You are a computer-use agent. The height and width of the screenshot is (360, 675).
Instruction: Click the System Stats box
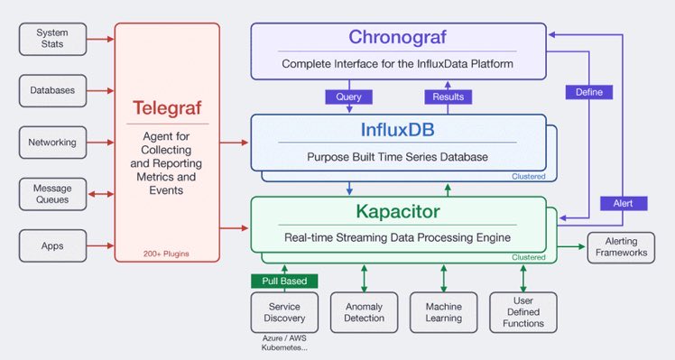52,39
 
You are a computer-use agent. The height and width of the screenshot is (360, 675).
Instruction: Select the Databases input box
52,91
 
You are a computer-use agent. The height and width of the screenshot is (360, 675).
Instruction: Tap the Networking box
52,143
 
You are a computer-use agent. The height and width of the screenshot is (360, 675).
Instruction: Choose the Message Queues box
52,194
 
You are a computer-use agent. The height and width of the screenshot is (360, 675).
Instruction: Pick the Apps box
52,246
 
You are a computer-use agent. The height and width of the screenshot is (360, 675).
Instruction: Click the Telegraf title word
167,107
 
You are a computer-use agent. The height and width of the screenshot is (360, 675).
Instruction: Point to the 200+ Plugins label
166,254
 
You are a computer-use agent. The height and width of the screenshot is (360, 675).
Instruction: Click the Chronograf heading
397,37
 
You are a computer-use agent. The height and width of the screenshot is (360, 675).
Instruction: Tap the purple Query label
348,97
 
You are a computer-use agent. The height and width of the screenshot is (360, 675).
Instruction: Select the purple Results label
448,97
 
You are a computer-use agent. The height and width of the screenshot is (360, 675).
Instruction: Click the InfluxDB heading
397,130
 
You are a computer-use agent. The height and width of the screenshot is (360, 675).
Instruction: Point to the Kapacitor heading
398,211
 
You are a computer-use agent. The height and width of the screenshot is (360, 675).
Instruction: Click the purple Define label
589,92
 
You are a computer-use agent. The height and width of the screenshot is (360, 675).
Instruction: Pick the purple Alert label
624,203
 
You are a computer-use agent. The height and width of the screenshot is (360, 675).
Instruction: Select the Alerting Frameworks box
621,247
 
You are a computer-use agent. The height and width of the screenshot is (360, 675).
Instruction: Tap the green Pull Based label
284,282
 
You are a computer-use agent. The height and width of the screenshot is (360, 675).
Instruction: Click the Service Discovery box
284,312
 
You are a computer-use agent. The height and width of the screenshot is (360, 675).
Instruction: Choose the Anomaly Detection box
365,312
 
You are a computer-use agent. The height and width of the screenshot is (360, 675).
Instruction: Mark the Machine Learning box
444,312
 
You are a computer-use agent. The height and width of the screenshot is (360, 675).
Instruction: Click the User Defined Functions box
523,312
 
